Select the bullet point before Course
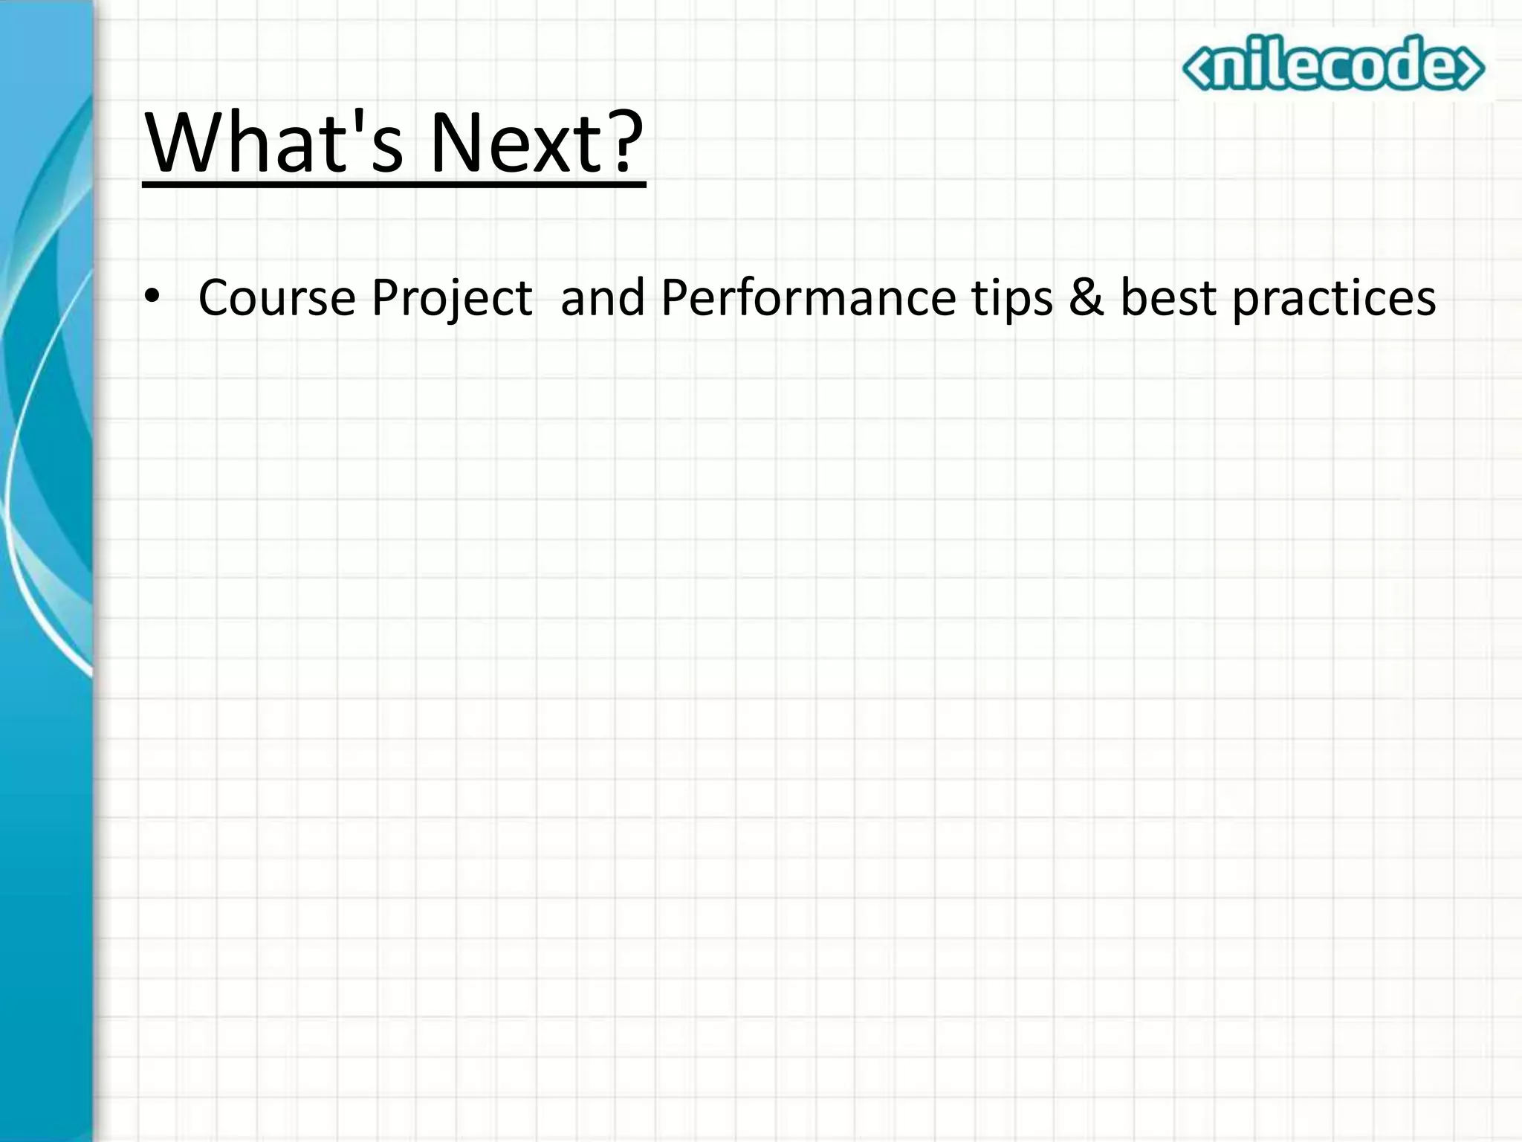coord(152,297)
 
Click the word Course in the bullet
coord(276,297)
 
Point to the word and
coord(602,297)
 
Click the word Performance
coord(808,297)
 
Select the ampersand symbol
coord(1087,297)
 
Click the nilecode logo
coord(1333,65)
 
